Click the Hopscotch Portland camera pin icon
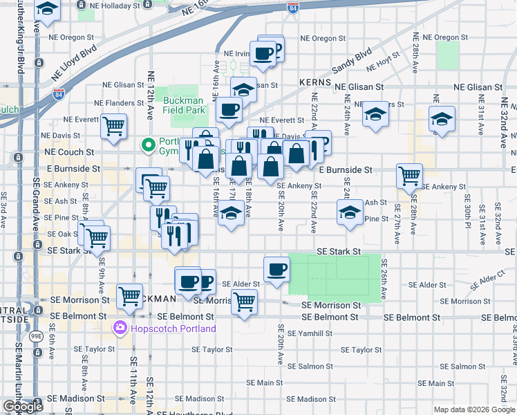point(121,328)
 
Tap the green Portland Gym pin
point(147,145)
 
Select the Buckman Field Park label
point(185,105)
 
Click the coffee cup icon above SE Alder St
point(276,268)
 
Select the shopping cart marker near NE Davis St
point(113,126)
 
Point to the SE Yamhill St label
point(310,333)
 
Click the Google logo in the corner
point(23,407)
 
